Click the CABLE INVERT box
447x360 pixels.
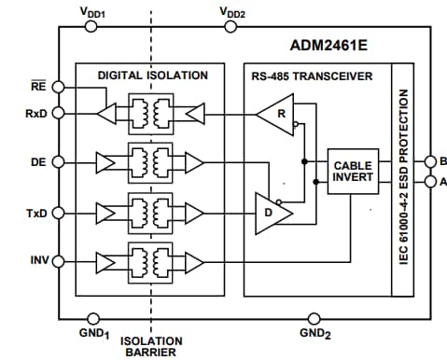[x=353, y=172]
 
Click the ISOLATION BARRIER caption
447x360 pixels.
[x=150, y=347]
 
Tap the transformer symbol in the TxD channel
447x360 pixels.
[x=150, y=213]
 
